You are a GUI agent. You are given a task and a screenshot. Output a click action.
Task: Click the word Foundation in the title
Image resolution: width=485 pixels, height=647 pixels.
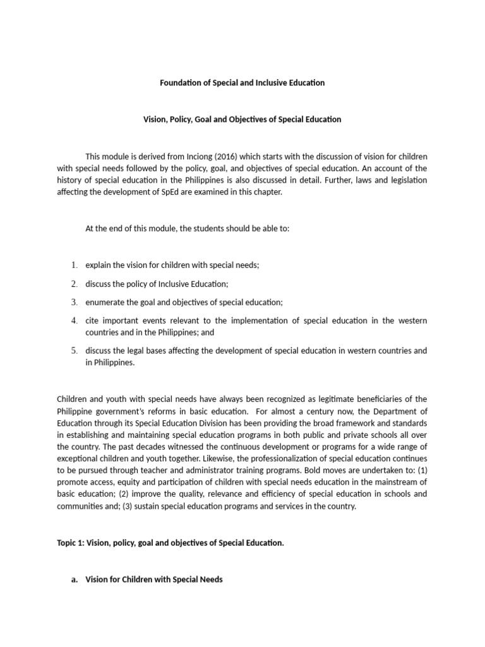(x=177, y=83)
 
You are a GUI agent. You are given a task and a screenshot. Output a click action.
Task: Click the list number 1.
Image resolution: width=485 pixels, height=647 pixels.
(x=74, y=265)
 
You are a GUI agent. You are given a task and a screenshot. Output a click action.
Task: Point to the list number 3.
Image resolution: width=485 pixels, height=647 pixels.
(x=74, y=302)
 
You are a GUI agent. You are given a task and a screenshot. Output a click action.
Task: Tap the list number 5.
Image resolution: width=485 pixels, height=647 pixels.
(x=74, y=351)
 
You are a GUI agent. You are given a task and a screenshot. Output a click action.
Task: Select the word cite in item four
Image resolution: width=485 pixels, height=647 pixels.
(x=93, y=320)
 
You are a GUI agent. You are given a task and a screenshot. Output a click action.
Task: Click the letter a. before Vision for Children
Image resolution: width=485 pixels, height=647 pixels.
(x=75, y=579)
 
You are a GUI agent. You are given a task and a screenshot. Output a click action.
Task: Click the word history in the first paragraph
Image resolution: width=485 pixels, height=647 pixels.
(x=70, y=180)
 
